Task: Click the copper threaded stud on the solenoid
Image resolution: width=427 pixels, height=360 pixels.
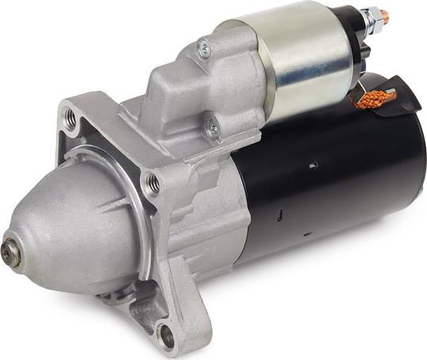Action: tap(384, 15)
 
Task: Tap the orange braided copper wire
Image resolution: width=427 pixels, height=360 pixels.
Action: tap(372, 99)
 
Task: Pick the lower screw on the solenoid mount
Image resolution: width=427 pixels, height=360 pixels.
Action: tap(212, 124)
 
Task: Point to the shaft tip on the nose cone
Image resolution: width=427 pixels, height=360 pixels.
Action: tap(9, 252)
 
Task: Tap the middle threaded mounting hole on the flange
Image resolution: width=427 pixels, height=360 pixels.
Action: tap(153, 184)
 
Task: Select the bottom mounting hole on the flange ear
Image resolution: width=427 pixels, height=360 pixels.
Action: tap(167, 335)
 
